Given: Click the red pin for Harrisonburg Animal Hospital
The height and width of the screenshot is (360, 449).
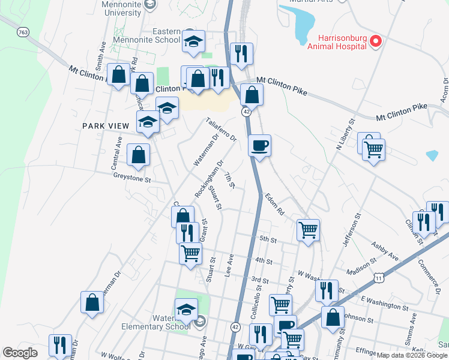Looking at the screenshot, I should tap(376, 41).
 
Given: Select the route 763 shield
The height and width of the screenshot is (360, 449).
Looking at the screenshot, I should tap(23, 31).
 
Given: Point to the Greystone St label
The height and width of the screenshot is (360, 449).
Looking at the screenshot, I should tap(131, 178).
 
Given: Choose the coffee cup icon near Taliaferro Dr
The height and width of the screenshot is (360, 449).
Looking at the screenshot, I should tap(259, 146).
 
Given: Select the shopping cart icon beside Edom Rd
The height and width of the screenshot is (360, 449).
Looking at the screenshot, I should tap(308, 229).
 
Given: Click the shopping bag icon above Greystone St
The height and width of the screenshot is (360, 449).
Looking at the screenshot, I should tap(139, 155).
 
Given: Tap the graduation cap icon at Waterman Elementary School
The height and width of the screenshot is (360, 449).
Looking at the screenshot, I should tap(186, 310).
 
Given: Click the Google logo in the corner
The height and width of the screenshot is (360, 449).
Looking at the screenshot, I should tap(20, 353).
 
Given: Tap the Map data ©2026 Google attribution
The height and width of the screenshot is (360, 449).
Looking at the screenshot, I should tap(412, 355).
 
